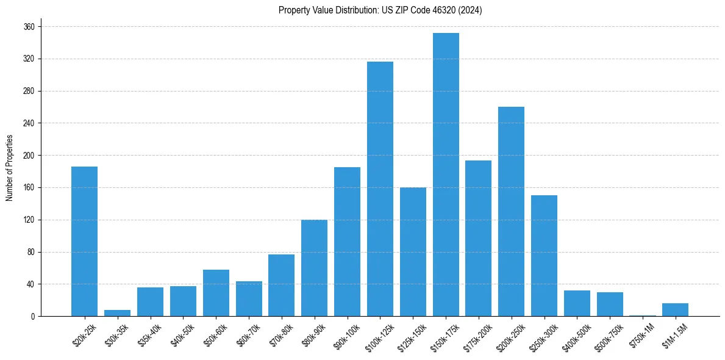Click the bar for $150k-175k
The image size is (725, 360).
446,175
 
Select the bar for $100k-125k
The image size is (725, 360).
380,189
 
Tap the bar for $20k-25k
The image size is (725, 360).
84,242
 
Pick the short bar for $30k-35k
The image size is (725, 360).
117,313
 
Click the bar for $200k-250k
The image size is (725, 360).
511,212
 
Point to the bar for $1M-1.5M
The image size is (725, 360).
675,310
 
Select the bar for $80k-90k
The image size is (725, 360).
314,268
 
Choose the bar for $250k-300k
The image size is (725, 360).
544,256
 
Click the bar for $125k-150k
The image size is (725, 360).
413,252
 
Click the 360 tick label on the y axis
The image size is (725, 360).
29,27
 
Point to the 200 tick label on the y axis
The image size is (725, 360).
29,156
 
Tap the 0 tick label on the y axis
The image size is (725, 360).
33,317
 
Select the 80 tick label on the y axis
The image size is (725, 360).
31,252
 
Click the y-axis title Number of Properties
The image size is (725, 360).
9,168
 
